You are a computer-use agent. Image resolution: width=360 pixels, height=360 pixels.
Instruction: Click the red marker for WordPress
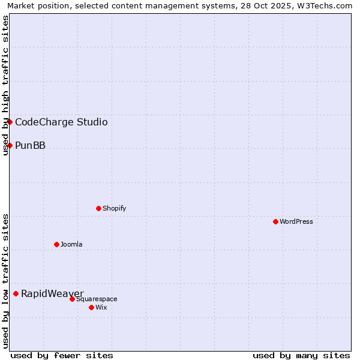click(x=275, y=221)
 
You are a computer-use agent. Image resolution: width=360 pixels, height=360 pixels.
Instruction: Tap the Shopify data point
click(x=98, y=208)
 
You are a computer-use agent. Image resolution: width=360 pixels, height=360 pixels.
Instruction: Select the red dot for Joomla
click(x=56, y=244)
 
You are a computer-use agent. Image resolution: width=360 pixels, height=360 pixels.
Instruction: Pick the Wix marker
click(x=91, y=307)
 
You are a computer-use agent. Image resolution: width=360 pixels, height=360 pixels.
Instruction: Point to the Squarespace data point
click(x=72, y=299)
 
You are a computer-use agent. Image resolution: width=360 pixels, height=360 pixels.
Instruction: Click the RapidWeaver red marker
click(x=16, y=293)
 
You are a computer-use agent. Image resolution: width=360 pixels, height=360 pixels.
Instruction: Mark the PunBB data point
click(x=10, y=145)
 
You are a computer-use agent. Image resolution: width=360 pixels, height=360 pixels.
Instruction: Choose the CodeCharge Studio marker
click(x=10, y=122)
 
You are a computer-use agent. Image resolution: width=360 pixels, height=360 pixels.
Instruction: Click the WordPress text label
click(x=296, y=221)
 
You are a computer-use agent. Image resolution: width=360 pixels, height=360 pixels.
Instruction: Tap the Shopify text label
click(x=114, y=208)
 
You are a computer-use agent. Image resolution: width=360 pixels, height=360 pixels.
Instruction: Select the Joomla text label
click(x=71, y=244)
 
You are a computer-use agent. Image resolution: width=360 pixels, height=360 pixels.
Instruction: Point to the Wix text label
click(x=101, y=307)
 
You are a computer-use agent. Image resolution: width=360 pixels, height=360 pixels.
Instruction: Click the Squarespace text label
click(x=97, y=299)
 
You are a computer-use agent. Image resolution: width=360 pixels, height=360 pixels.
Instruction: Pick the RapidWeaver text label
click(x=52, y=293)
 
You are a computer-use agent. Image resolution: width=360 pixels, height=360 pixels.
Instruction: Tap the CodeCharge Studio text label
click(x=61, y=122)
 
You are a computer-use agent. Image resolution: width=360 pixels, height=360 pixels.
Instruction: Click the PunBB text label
click(x=30, y=145)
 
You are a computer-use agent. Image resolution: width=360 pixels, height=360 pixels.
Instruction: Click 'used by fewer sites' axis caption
click(x=62, y=355)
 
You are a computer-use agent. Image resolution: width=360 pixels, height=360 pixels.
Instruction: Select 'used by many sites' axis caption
click(x=301, y=355)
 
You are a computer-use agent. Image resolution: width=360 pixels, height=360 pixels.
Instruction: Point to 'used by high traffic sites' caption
click(x=5, y=85)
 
